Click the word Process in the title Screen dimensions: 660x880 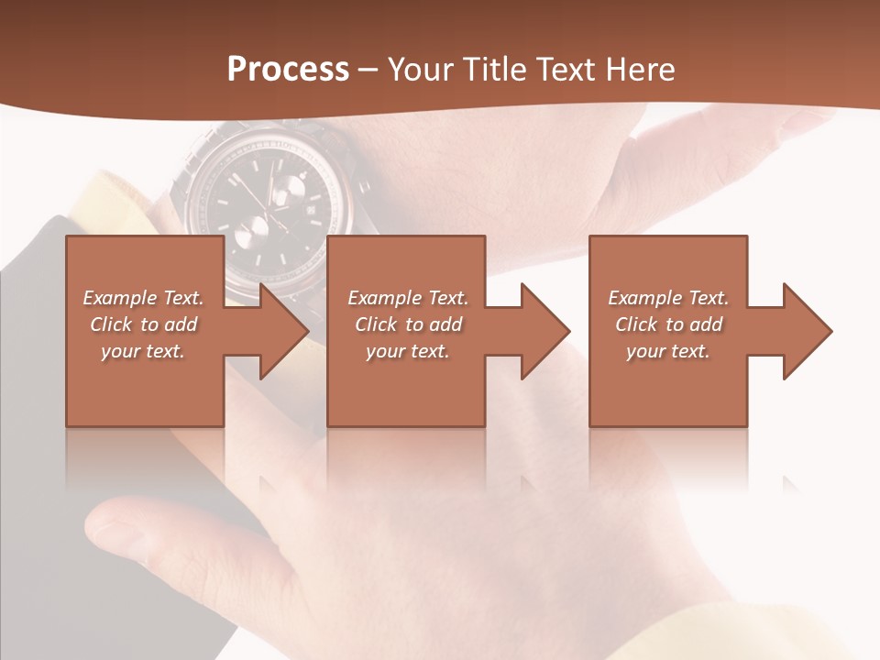(288, 70)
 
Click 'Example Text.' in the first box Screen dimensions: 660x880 (143, 298)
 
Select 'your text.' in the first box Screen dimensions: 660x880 (143, 351)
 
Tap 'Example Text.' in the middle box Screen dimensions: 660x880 (408, 298)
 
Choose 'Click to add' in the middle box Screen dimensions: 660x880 (408, 324)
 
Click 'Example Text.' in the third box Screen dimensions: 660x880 (668, 298)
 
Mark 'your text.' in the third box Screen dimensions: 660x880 (668, 351)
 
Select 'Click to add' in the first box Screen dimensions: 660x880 (143, 324)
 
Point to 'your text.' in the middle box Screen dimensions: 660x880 (408, 351)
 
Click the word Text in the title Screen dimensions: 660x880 (563, 70)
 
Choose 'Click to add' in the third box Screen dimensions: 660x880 (668, 324)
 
